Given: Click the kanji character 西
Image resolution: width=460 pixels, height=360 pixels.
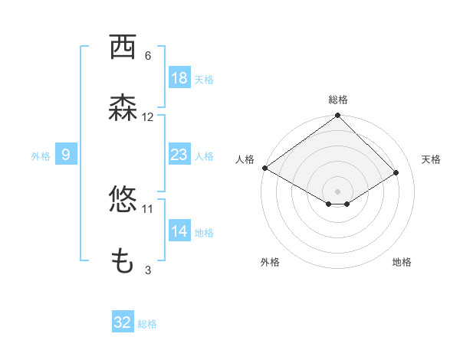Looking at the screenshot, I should click(x=123, y=48).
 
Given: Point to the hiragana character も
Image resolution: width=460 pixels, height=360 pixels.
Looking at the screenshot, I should click(x=123, y=262).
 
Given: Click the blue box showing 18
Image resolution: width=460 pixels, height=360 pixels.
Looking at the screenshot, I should click(x=179, y=77).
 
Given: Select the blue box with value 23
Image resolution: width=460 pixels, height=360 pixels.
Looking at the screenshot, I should click(x=179, y=155).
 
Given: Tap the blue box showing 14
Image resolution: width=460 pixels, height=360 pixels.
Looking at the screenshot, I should click(x=179, y=231).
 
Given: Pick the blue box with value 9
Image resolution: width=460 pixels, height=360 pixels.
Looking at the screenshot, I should click(x=66, y=155).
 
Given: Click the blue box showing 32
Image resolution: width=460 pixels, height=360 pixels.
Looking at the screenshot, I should click(x=123, y=322).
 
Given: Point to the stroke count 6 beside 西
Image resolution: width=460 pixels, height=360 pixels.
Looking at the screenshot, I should click(x=147, y=56).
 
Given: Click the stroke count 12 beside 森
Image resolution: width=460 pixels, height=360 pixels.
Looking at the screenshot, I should click(x=147, y=117).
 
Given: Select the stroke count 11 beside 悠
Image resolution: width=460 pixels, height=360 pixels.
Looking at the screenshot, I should click(x=147, y=208).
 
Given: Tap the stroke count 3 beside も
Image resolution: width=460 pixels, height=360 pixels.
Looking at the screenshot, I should click(x=147, y=270).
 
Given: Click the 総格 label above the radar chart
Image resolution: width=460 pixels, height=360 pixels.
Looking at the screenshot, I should click(x=337, y=100).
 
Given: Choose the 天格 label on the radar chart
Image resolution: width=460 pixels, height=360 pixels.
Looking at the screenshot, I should click(x=431, y=159).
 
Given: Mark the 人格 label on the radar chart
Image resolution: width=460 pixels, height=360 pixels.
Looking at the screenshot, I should click(x=245, y=159).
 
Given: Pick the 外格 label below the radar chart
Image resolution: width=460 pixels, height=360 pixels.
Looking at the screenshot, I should click(x=270, y=262).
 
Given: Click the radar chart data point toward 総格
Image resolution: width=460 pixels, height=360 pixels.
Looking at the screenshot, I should click(x=337, y=116).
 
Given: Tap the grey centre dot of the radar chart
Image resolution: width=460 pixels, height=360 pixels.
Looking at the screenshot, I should click(x=337, y=190).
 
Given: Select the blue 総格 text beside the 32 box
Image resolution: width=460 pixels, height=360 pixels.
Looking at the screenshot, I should click(x=147, y=324).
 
